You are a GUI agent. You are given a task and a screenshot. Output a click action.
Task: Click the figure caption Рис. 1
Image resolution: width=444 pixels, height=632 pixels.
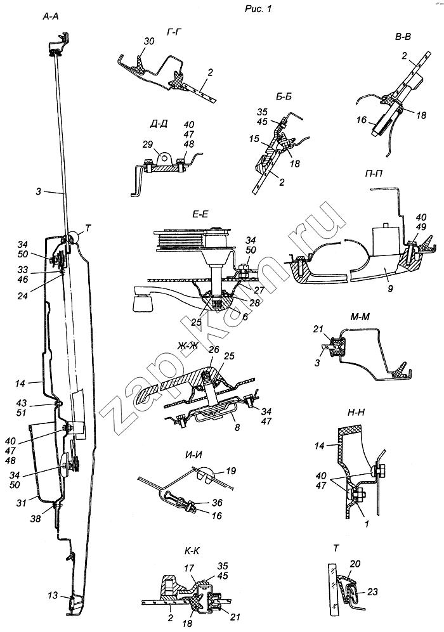click(259, 8)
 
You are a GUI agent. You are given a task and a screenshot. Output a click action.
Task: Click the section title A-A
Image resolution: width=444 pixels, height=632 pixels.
click(51, 16)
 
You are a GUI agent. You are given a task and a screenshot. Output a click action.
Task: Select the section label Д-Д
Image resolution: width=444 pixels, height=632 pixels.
click(159, 124)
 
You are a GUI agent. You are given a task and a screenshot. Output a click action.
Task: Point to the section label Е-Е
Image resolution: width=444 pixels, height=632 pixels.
click(200, 215)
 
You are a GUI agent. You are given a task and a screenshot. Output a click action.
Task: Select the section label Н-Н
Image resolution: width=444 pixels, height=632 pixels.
click(356, 413)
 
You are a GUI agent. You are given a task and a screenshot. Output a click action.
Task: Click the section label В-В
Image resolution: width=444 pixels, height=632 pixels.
click(403, 37)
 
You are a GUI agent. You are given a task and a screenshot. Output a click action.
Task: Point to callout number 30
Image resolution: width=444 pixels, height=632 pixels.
click(149, 42)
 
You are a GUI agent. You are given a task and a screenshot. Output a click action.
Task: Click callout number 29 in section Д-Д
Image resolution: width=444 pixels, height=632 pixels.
click(148, 144)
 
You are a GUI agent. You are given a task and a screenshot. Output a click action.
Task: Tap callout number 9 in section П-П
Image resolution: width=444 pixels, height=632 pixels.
click(390, 288)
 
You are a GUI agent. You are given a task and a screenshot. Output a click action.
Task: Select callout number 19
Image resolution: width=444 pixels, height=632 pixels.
click(231, 471)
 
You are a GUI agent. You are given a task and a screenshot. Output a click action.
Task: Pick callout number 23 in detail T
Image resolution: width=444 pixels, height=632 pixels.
click(372, 592)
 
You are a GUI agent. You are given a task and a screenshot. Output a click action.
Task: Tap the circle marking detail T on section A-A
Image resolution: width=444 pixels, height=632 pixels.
click(74, 238)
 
